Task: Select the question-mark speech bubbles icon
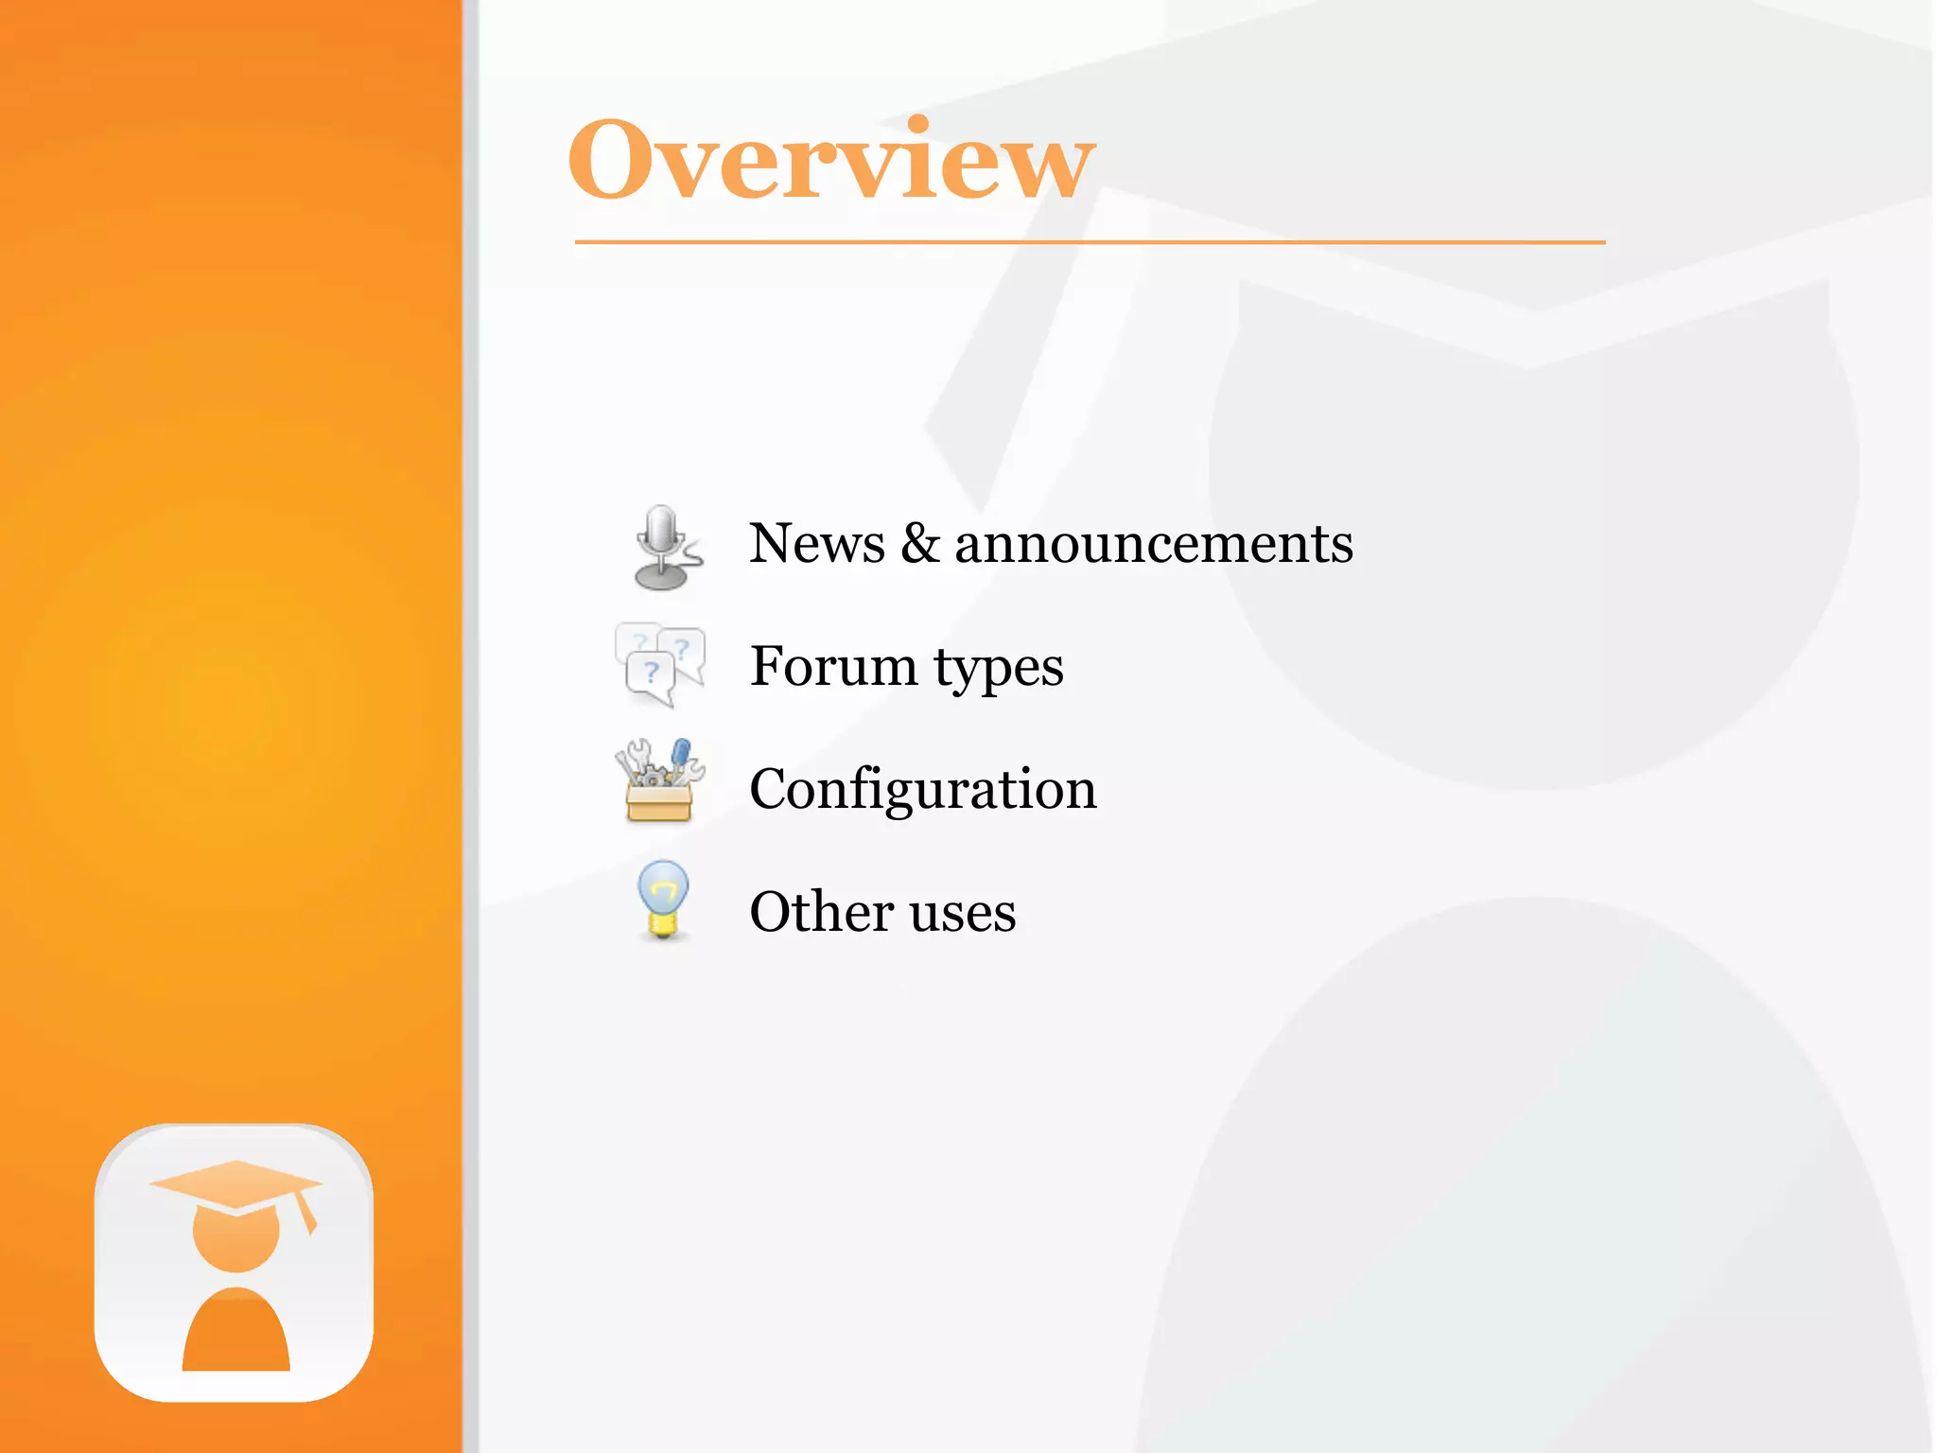click(x=660, y=665)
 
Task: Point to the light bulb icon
click(x=663, y=900)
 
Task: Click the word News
click(x=817, y=545)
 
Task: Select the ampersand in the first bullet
click(x=919, y=545)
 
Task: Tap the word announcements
click(x=1154, y=545)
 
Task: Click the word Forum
click(x=833, y=666)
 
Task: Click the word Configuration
click(x=923, y=789)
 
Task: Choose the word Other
click(x=821, y=912)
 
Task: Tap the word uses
click(x=963, y=914)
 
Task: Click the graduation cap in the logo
click(x=236, y=1184)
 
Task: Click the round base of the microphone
click(x=661, y=577)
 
